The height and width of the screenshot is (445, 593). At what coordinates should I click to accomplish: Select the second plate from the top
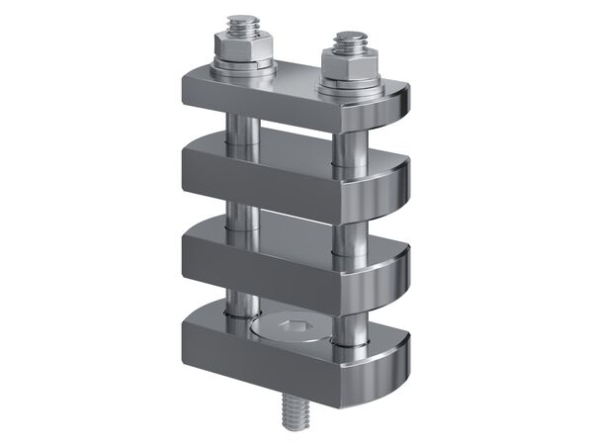click(267, 178)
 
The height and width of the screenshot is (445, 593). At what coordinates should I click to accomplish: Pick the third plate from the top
click(267, 262)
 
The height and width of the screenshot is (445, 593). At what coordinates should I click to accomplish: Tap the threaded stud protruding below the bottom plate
click(295, 407)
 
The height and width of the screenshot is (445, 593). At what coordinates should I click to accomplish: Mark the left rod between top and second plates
click(240, 129)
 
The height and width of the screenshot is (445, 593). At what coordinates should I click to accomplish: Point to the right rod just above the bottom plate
click(348, 321)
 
